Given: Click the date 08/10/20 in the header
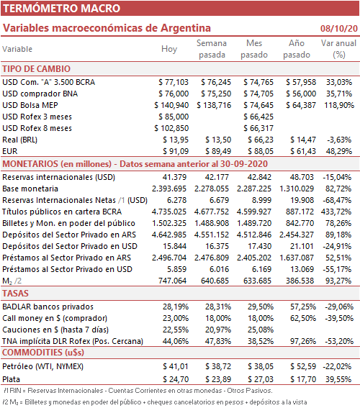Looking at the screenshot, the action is pyautogui.click(x=339, y=28).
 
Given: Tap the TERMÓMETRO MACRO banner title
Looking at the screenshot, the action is pyautogui.click(x=61, y=9).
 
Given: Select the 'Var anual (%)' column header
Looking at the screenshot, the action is pyautogui.click(x=338, y=49).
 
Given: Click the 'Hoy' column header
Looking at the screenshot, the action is pyautogui.click(x=169, y=49).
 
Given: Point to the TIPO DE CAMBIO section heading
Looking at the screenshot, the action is pyautogui.click(x=37, y=69).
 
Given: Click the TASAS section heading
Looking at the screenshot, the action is pyautogui.click(x=15, y=294).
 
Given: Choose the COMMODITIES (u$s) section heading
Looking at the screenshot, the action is pyautogui.click(x=43, y=353).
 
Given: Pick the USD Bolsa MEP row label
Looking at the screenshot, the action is pyautogui.click(x=30, y=105).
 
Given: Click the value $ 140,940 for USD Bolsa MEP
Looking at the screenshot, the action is pyautogui.click(x=171, y=105).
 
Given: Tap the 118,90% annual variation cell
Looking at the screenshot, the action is pyautogui.click(x=339, y=105).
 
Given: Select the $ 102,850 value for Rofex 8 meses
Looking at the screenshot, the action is pyautogui.click(x=171, y=128).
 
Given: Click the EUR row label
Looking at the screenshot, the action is pyautogui.click(x=10, y=151).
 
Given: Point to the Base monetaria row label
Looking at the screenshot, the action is pyautogui.click(x=30, y=189).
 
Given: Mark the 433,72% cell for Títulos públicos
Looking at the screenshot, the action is pyautogui.click(x=336, y=212).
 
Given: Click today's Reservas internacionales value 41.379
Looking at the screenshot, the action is pyautogui.click(x=174, y=177).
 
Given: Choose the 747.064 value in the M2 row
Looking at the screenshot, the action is pyautogui.click(x=172, y=281).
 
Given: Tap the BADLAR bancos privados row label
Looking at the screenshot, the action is pyautogui.click(x=48, y=307).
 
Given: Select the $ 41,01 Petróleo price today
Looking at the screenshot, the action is pyautogui.click(x=176, y=366).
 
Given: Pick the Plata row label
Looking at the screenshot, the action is pyautogui.click(x=12, y=379).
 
